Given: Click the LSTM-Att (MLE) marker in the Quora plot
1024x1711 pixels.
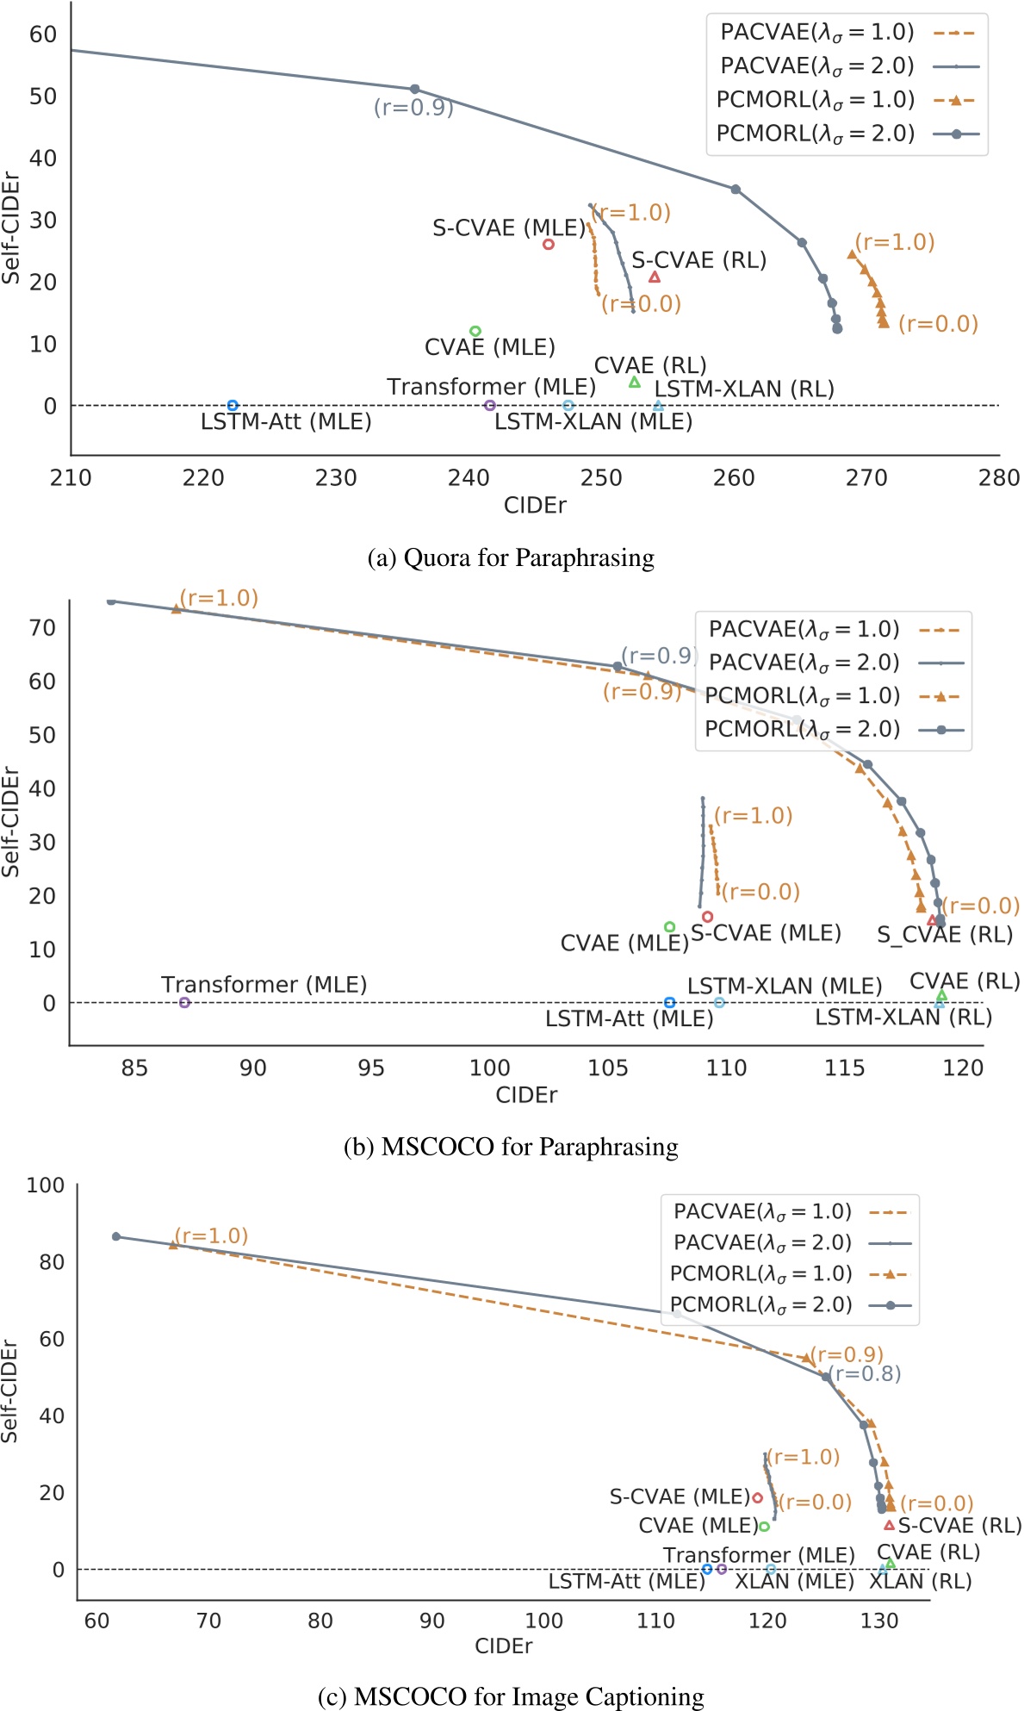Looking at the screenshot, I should tap(233, 405).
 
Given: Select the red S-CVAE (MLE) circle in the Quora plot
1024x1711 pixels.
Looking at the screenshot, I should tap(549, 245).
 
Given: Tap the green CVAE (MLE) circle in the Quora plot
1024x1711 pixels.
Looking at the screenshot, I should tap(475, 331).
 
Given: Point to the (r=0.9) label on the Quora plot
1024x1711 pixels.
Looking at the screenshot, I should tap(413, 108).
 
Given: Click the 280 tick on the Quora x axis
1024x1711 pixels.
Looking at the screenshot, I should tap(999, 478).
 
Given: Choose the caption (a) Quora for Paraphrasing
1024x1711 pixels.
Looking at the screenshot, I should tap(511, 558).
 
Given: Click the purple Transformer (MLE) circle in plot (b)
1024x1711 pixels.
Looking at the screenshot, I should tap(184, 1002).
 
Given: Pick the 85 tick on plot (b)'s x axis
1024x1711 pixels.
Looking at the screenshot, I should tap(134, 1068).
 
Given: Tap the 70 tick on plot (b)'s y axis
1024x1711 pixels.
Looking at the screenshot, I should tap(43, 627).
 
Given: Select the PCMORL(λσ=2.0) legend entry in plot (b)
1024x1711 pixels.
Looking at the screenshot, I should tap(802, 730).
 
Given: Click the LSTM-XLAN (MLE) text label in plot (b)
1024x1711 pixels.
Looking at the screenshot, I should tap(785, 986).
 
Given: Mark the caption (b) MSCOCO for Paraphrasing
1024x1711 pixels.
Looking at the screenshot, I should tap(511, 1147).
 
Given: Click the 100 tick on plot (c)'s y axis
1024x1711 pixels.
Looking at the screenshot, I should tap(45, 1185).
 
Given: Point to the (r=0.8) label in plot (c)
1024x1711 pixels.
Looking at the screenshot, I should tap(867, 1373).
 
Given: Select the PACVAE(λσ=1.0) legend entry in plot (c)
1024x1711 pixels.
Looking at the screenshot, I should tap(762, 1211).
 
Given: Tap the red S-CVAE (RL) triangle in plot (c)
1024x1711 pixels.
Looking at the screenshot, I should tap(890, 1525).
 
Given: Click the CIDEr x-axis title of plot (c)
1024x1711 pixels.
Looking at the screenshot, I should tap(504, 1646).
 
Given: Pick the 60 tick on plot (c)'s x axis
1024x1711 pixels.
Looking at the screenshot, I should tap(96, 1621).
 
